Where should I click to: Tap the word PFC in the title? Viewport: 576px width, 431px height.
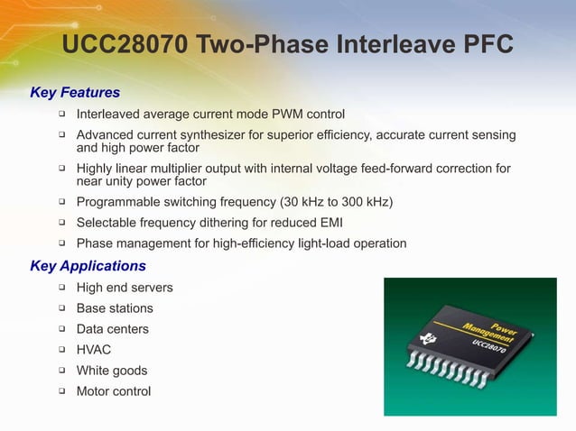(x=484, y=45)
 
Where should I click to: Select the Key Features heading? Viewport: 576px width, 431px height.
(x=75, y=92)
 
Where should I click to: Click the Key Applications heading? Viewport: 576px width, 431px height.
(x=88, y=266)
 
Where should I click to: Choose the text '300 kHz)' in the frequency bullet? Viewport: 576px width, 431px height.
(x=367, y=201)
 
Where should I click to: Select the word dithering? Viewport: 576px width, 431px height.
(x=234, y=223)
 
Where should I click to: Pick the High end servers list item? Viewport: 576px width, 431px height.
(x=125, y=288)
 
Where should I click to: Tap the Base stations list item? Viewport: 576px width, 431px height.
(x=115, y=308)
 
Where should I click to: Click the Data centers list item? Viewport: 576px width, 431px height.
(x=113, y=329)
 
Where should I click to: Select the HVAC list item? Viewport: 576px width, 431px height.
(x=94, y=350)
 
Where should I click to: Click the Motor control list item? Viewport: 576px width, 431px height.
(x=114, y=391)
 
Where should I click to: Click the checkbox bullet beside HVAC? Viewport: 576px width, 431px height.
(x=62, y=349)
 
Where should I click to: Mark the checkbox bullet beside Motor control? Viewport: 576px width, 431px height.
(x=62, y=390)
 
